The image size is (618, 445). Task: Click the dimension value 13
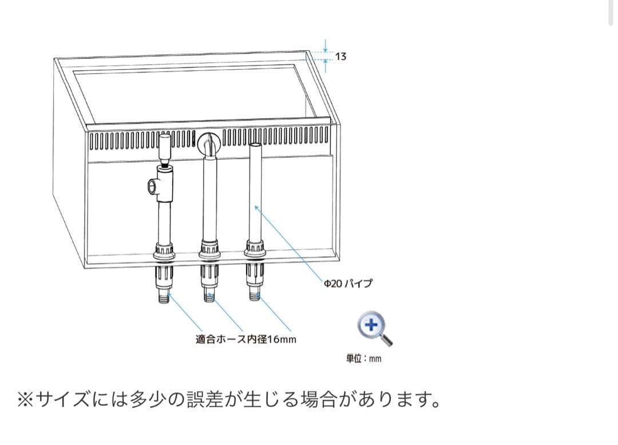pyautogui.click(x=340, y=57)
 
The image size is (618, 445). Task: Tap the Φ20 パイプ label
pyautogui.click(x=348, y=283)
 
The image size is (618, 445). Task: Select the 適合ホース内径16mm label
pyautogui.click(x=246, y=339)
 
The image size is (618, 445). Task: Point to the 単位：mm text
pyautogui.click(x=363, y=359)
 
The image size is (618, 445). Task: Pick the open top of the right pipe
pyautogui.click(x=255, y=145)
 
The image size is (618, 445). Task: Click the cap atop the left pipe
pyautogui.click(x=165, y=145)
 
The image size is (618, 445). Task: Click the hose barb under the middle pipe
pyautogui.click(x=209, y=296)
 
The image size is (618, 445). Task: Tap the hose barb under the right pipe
pyautogui.click(x=255, y=295)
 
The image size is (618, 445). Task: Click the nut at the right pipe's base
pyautogui.click(x=255, y=248)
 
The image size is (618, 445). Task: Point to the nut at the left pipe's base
pyautogui.click(x=164, y=252)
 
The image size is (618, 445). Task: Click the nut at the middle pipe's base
pyautogui.click(x=209, y=251)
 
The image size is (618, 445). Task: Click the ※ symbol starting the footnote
pyautogui.click(x=25, y=399)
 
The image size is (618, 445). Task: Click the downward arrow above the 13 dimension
pyautogui.click(x=325, y=45)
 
